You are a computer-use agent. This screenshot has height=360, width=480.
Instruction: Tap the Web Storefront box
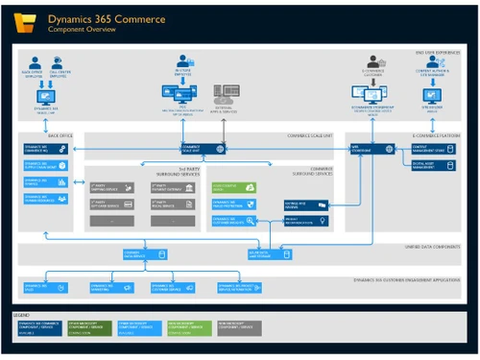(371, 149)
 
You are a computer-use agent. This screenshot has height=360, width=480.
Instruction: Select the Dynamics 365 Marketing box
(108, 286)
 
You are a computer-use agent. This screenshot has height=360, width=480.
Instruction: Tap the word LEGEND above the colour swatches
(30, 314)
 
